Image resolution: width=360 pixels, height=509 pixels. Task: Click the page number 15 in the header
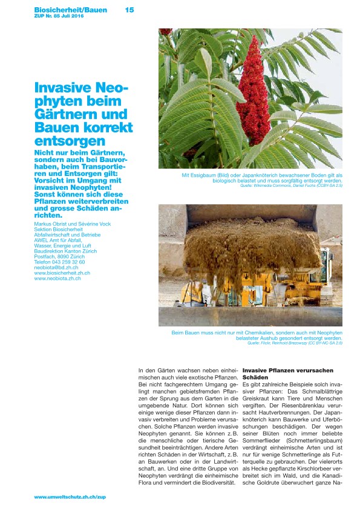tap(129, 10)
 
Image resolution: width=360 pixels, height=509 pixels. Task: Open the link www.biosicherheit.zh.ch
tap(62, 273)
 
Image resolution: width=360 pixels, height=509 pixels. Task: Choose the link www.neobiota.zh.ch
tap(57, 278)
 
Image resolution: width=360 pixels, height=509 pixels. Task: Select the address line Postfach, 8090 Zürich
tap(59, 256)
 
